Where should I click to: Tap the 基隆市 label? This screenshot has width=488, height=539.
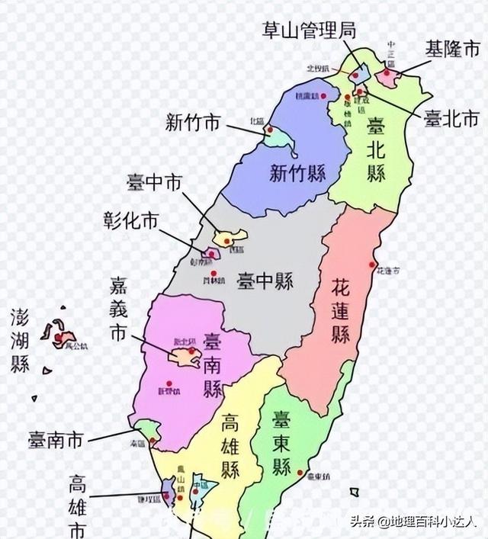point(452,50)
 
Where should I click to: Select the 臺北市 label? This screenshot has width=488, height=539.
point(451,118)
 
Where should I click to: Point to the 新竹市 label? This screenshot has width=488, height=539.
point(193,122)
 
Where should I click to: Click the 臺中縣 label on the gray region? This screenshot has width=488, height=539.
point(266,278)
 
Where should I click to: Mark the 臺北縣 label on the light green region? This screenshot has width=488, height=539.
point(375,149)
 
